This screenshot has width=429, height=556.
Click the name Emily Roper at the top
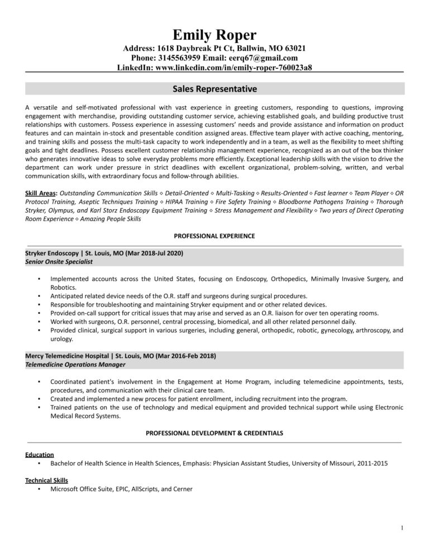(214, 35)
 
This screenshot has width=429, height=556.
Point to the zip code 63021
(294, 49)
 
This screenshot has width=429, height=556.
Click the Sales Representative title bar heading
(214, 88)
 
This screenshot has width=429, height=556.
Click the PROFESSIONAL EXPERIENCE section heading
(214, 236)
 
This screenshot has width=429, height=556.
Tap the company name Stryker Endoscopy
(53, 253)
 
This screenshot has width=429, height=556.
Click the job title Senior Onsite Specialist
(59, 261)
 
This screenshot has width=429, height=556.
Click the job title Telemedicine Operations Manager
(75, 364)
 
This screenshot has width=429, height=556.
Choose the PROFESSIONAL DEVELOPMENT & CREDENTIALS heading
(214, 432)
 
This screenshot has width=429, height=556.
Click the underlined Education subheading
(40, 455)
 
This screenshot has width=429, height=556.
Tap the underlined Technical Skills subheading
(47, 480)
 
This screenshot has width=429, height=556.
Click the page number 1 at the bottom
(402, 527)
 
